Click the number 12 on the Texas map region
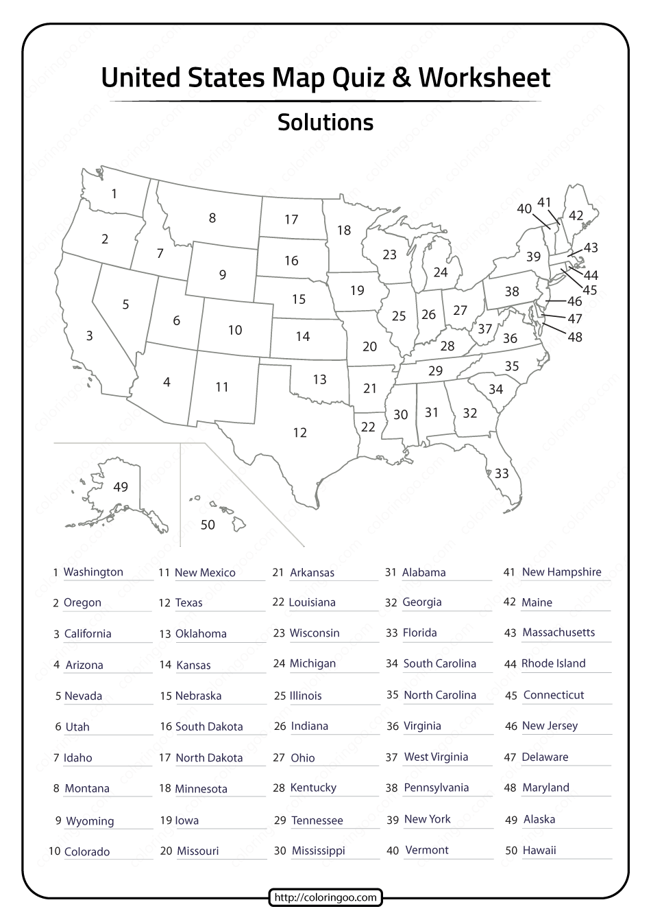click(299, 433)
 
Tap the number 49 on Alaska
click(121, 487)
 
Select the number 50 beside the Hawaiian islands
click(208, 525)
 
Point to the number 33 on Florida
click(502, 473)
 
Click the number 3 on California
click(89, 335)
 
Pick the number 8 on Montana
click(212, 218)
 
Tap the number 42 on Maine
click(576, 215)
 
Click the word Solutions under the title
click(325, 123)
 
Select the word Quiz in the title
click(360, 78)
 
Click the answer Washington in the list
click(93, 572)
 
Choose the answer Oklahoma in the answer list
click(201, 634)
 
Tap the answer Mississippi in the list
click(319, 851)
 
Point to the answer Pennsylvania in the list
click(437, 788)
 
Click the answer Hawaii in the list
click(539, 850)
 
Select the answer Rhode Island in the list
click(554, 663)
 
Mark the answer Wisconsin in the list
click(315, 633)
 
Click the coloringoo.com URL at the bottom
click(325, 897)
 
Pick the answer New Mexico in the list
click(205, 573)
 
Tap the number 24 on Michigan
click(441, 272)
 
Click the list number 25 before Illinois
click(280, 696)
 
